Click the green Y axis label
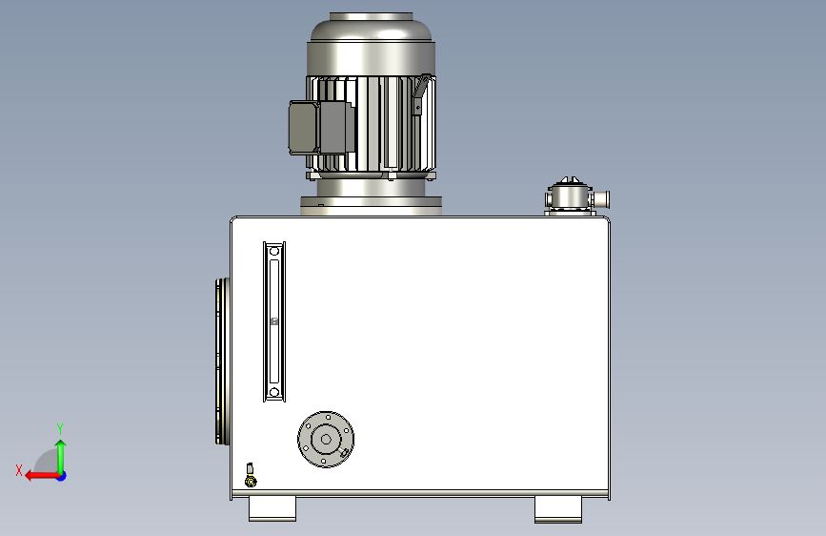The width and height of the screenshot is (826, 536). [60, 428]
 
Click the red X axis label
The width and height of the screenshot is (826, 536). [19, 470]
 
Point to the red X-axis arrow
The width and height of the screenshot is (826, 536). [42, 476]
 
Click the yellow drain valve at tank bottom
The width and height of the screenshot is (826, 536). [251, 476]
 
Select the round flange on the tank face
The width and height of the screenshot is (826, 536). [326, 440]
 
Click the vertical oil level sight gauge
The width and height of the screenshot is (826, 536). [274, 321]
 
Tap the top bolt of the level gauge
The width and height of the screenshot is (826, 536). [274, 252]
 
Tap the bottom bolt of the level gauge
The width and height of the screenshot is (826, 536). [274, 392]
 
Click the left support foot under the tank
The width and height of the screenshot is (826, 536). [272, 508]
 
